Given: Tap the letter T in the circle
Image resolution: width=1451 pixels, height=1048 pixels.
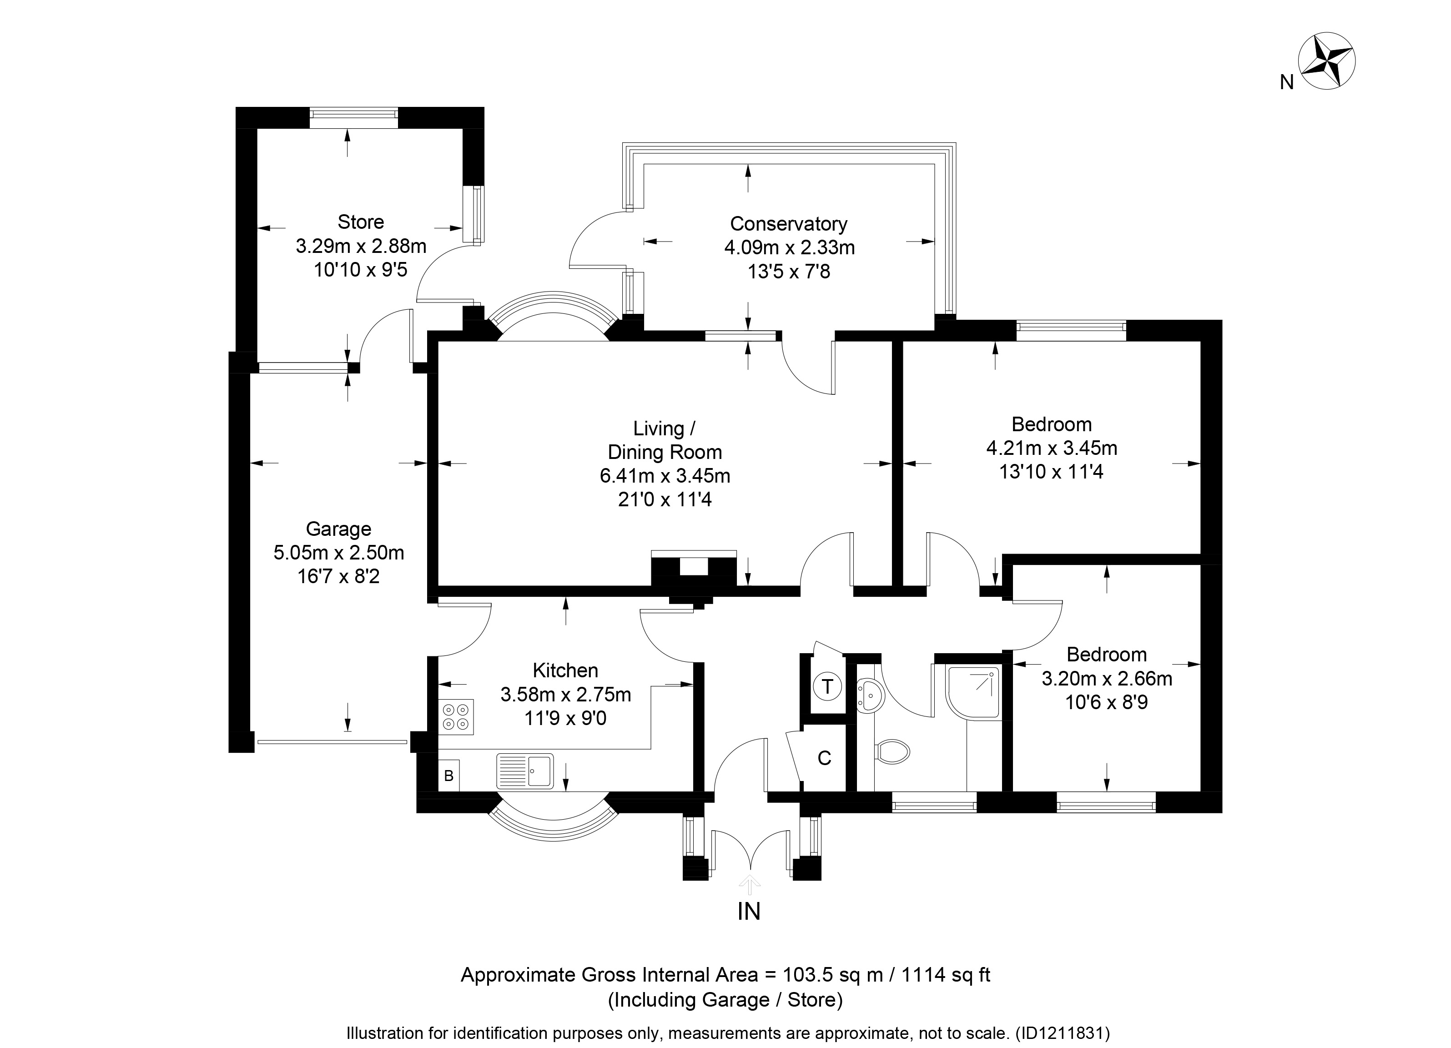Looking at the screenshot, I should (x=827, y=686).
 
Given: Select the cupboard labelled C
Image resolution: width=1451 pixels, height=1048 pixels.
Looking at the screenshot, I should (x=824, y=758).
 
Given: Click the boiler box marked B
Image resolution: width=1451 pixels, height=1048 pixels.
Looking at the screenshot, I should (x=448, y=776).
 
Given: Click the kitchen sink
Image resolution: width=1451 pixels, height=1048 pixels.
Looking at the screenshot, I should (x=524, y=771).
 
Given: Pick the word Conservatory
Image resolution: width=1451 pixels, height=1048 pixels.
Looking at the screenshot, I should (x=788, y=224).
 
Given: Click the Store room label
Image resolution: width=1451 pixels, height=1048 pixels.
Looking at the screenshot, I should (x=361, y=222).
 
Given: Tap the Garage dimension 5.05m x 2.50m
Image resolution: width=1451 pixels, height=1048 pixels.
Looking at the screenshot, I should (x=338, y=553).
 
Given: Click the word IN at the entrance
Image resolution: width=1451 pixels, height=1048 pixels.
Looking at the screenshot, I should (x=749, y=911).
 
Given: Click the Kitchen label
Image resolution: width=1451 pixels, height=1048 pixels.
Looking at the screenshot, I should (x=565, y=670).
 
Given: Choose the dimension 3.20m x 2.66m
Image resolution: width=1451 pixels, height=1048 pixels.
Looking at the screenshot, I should (x=1107, y=678).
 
